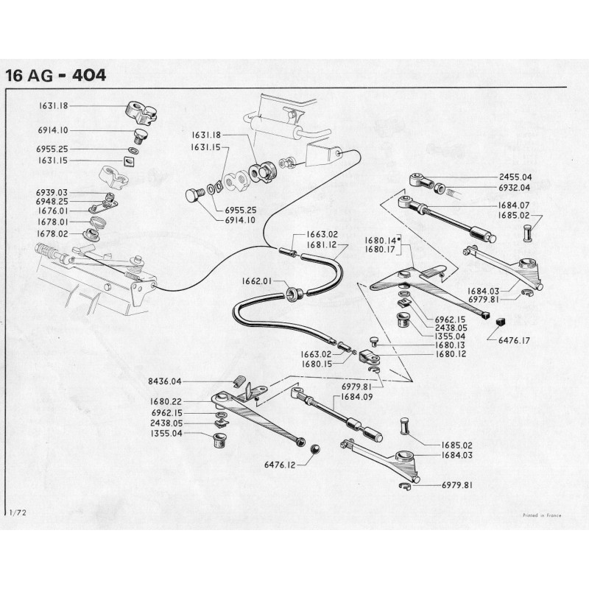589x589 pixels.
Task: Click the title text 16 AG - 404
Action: pos(55,76)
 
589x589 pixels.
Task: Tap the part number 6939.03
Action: pos(52,192)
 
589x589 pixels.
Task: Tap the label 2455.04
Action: pos(515,177)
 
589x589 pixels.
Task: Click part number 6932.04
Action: pos(515,188)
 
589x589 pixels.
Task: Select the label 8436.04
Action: pos(166,381)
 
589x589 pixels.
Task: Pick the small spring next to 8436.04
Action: pos(238,381)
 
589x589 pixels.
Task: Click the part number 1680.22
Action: pos(166,402)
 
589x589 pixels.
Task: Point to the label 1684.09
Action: pos(353,398)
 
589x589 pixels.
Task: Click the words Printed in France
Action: pos(542,515)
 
